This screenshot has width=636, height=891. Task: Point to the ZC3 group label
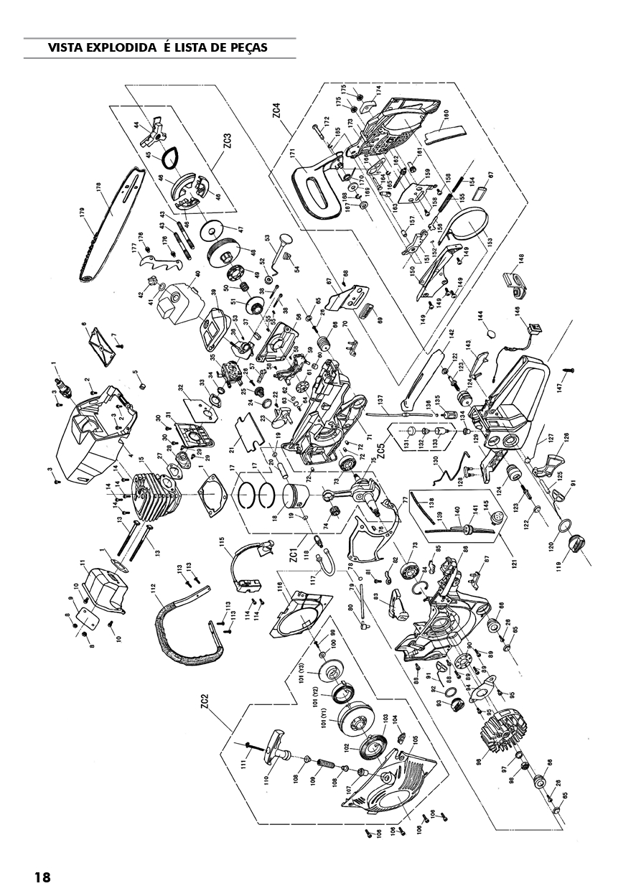(226, 141)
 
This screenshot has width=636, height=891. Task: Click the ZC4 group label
(276, 114)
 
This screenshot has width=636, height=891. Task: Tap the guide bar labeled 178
(115, 215)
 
